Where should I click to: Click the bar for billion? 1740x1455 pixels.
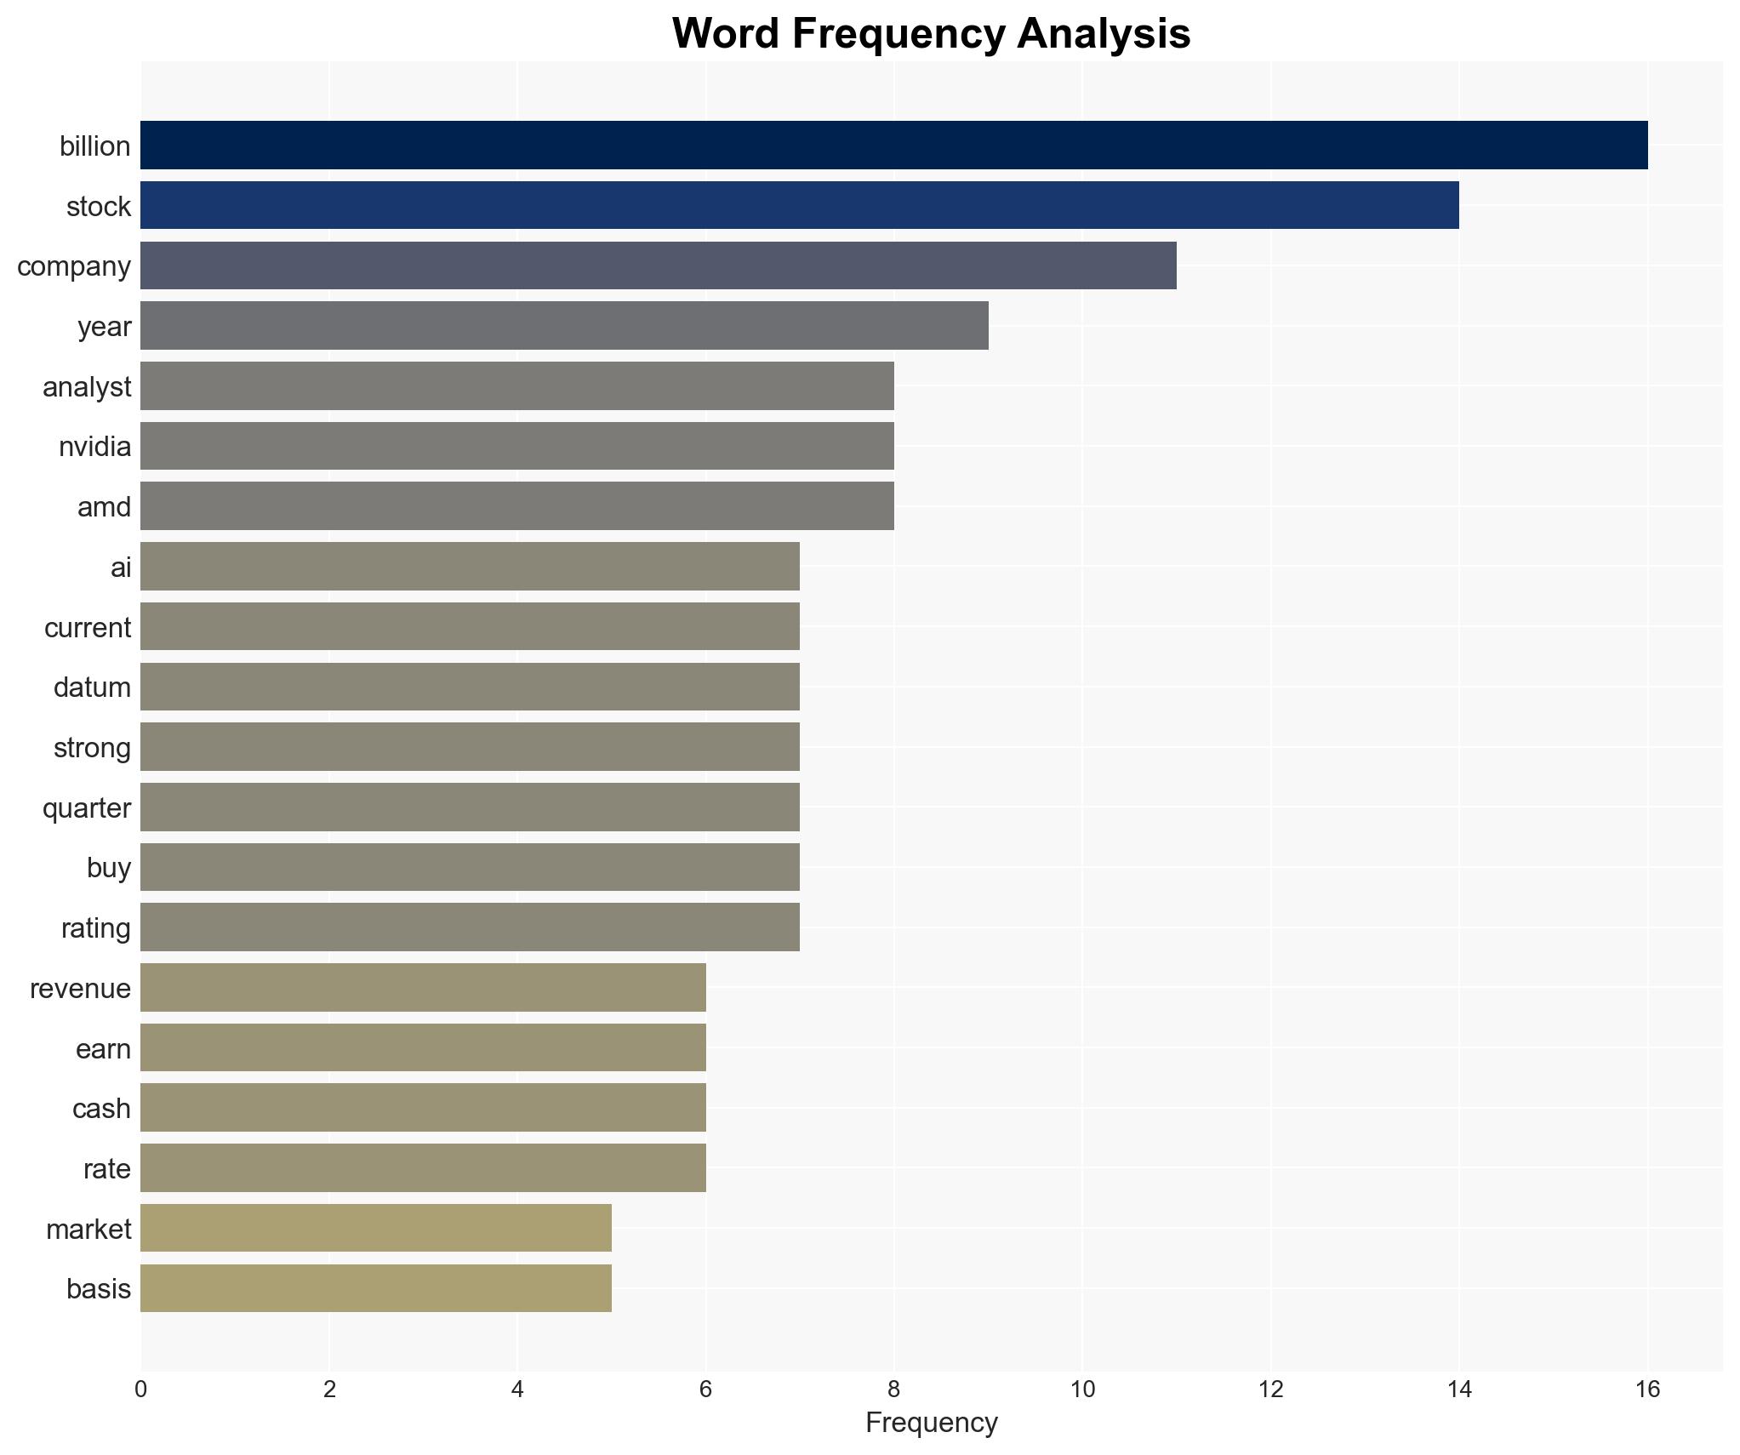pyautogui.click(x=893, y=145)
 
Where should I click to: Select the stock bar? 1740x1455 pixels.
pyautogui.click(x=799, y=206)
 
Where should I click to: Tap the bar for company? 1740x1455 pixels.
pyautogui.click(x=658, y=265)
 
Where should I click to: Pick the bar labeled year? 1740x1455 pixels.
pyautogui.click(x=564, y=326)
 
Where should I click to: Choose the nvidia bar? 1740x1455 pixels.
pyautogui.click(x=516, y=446)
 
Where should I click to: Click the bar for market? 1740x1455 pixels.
pyautogui.click(x=375, y=1228)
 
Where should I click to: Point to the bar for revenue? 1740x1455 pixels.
pyautogui.click(x=423, y=987)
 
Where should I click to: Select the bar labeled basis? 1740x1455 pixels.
pyautogui.click(x=375, y=1288)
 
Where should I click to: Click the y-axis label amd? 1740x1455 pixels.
pyautogui.click(x=104, y=507)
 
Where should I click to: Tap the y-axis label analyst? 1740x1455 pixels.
pyautogui.click(x=87, y=387)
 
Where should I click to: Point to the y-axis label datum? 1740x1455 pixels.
pyautogui.click(x=92, y=688)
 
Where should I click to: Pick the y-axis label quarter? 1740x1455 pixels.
pyautogui.click(x=87, y=808)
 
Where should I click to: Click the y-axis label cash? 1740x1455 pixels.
pyautogui.click(x=101, y=1109)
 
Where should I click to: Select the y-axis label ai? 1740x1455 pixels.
pyautogui.click(x=121, y=568)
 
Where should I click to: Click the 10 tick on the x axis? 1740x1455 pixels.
pyautogui.click(x=1082, y=1390)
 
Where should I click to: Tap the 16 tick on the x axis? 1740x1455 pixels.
pyautogui.click(x=1647, y=1390)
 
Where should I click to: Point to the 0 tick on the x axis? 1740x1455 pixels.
pyautogui.click(x=140, y=1390)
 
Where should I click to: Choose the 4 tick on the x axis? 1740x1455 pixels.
pyautogui.click(x=517, y=1390)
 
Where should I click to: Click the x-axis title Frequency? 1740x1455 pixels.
pyautogui.click(x=931, y=1423)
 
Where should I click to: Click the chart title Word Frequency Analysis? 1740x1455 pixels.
pyautogui.click(x=931, y=34)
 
